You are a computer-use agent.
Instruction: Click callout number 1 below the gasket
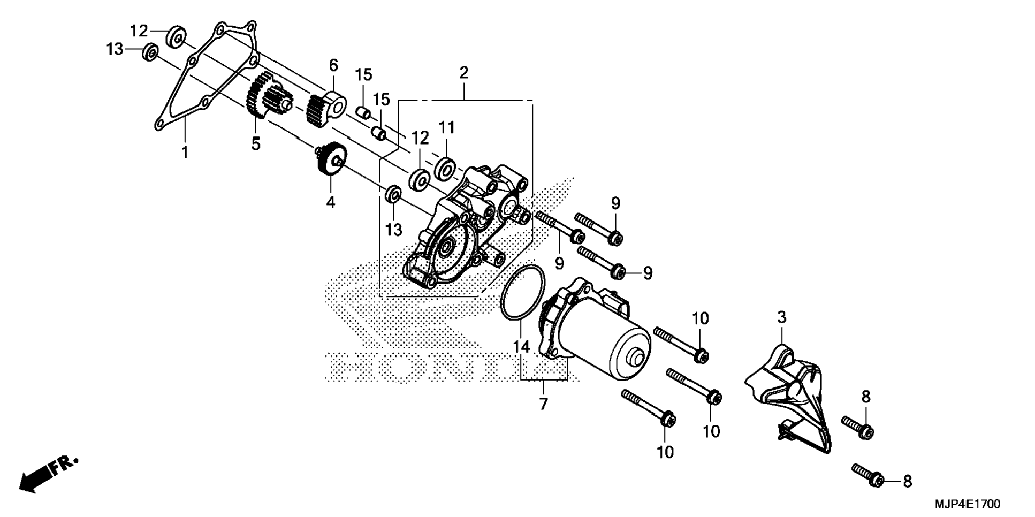(185, 153)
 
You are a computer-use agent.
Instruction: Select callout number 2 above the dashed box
(463, 73)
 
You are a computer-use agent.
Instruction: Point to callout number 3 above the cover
(781, 317)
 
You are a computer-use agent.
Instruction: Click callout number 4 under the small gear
(331, 202)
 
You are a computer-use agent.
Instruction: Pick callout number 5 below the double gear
(256, 144)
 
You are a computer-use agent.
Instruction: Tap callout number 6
(333, 66)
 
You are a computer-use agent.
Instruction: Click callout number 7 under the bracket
(544, 404)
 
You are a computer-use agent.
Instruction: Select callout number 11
(447, 127)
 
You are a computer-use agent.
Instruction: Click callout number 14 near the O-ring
(521, 347)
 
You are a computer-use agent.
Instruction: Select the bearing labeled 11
(444, 167)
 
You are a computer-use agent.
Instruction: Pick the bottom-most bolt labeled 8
(867, 476)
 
